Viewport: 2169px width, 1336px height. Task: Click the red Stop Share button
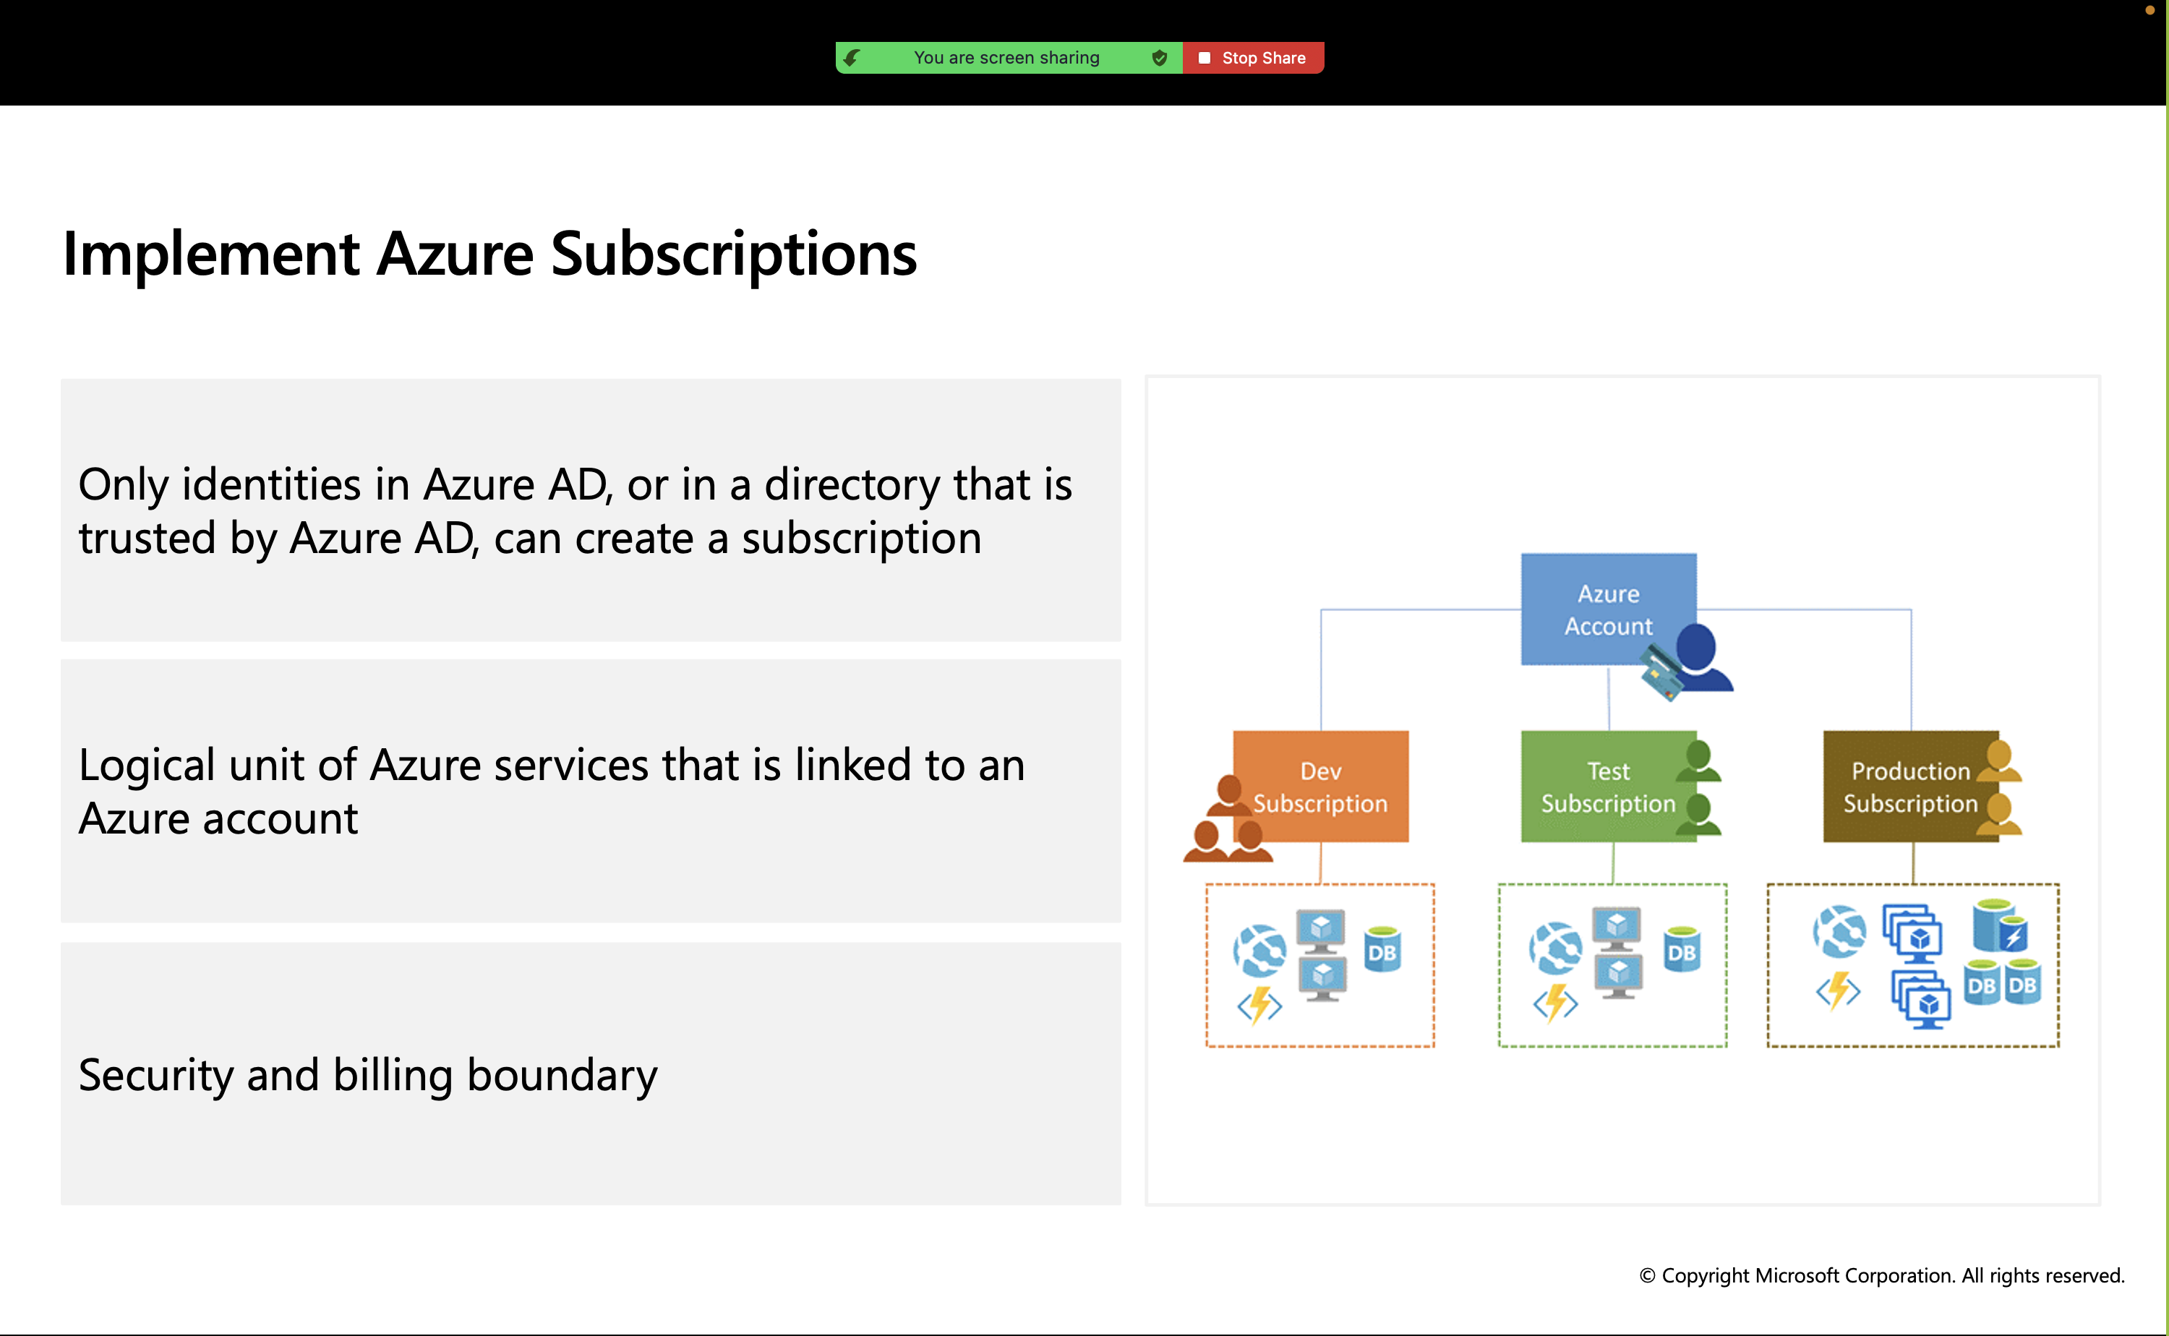coord(1253,57)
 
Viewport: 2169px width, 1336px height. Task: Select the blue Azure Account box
coord(1608,609)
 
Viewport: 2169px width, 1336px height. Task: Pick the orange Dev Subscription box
coord(1320,787)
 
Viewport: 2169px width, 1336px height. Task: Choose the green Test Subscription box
coord(1608,787)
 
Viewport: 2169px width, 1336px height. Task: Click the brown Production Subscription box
coord(1910,787)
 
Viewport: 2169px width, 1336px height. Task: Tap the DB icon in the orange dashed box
coord(1382,949)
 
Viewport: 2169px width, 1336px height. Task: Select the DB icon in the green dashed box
coord(1681,949)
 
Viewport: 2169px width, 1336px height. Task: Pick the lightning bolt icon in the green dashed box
coord(1556,1003)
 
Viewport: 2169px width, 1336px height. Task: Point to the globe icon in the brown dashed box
coord(1839,931)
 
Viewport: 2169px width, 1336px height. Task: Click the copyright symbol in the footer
coord(1647,1276)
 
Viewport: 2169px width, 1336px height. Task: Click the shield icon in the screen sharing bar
coord(1159,57)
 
